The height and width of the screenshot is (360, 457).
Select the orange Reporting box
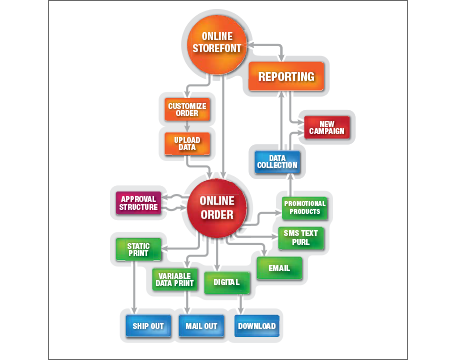click(x=286, y=76)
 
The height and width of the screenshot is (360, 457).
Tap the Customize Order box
click(x=186, y=110)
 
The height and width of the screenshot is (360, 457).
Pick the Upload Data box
click(x=186, y=144)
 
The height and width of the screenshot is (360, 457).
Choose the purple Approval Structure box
click(x=139, y=204)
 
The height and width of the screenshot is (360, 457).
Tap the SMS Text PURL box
click(x=300, y=238)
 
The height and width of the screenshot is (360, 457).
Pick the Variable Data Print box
click(x=174, y=281)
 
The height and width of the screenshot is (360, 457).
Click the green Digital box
click(x=227, y=282)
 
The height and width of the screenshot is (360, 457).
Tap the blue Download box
click(x=257, y=326)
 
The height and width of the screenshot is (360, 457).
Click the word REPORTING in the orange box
click(x=286, y=76)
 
